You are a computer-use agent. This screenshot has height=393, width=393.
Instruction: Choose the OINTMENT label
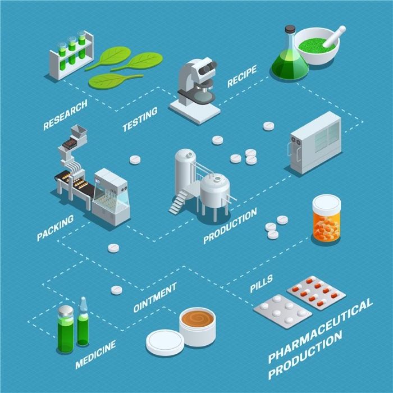(155, 298)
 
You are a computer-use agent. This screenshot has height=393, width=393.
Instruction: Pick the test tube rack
(71, 54)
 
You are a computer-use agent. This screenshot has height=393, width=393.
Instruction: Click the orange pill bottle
(326, 219)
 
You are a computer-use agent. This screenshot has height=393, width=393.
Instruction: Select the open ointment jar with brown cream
(197, 326)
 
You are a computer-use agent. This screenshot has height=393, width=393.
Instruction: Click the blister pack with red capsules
(316, 293)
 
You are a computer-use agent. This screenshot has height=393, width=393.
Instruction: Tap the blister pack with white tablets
(282, 310)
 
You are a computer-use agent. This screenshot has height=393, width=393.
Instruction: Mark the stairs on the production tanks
(179, 202)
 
